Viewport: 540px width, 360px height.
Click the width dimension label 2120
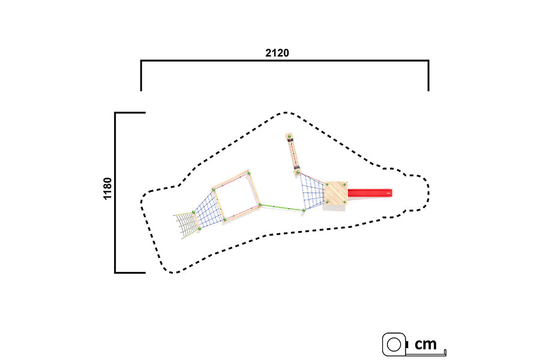click(x=277, y=53)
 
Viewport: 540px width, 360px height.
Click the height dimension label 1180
click(x=107, y=188)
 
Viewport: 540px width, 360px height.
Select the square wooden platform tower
click(x=336, y=193)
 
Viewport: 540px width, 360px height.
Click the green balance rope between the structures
click(x=282, y=208)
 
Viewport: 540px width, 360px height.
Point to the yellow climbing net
click(x=187, y=225)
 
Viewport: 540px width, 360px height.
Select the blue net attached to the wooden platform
click(x=313, y=191)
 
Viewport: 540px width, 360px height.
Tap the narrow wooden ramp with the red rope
click(x=293, y=154)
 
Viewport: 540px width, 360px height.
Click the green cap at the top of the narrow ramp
click(x=289, y=137)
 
